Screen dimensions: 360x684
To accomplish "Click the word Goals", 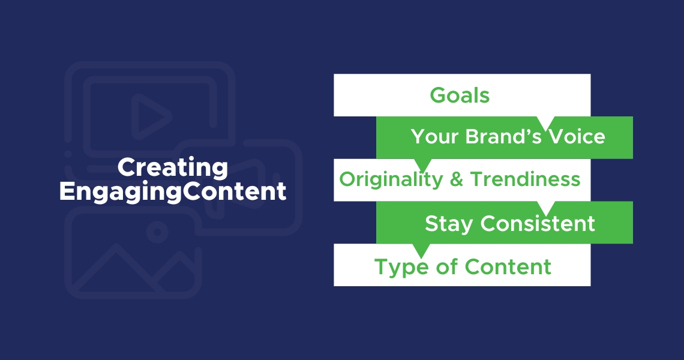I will pos(460,95).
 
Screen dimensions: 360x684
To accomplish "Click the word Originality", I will pos(391,179).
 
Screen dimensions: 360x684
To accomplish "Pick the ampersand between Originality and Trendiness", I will pos(456,179).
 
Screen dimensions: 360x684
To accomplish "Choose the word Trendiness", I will pos(525,179).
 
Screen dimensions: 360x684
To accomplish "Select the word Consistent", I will pos(538,223).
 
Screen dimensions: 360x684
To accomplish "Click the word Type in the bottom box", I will pos(398,266).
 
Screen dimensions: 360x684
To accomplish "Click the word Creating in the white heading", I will pos(172,167).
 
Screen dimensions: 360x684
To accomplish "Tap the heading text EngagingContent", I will pos(172,191).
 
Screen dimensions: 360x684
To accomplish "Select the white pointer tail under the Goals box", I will pos(546,122).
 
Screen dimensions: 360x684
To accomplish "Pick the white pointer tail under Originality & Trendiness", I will pos(546,206).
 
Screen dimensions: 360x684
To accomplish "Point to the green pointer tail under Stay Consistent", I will pos(422,249).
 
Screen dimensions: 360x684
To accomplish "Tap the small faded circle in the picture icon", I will pos(157,232).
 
